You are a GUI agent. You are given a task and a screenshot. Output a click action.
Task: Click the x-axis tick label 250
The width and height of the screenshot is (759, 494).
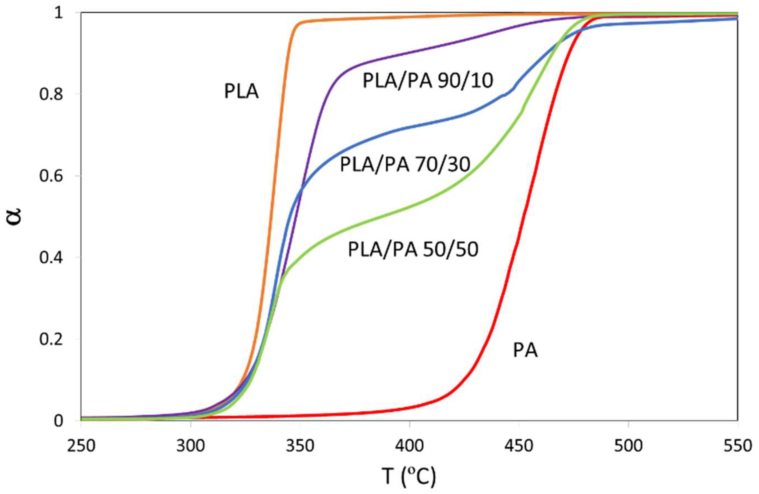coord(81,446)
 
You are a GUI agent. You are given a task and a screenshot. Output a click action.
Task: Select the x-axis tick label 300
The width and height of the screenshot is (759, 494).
coord(190,446)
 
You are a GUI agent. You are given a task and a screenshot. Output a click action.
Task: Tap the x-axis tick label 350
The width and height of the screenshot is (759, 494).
coord(300,446)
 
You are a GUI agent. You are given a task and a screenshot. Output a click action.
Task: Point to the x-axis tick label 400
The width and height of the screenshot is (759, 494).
coord(409,446)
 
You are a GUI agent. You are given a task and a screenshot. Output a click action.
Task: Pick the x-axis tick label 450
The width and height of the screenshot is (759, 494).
coord(519,446)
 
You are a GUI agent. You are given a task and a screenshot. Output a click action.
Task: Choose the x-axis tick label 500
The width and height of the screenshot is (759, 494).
coord(628,446)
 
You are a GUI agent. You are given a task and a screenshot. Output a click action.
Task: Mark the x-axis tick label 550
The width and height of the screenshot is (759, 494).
coord(738,446)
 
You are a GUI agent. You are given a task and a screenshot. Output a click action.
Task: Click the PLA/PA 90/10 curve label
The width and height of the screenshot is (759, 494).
coord(428,81)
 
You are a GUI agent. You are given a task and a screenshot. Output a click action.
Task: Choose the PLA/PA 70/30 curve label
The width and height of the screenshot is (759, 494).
coord(405,165)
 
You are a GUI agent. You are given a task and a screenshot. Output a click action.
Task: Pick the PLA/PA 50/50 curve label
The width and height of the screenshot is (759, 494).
coord(413,249)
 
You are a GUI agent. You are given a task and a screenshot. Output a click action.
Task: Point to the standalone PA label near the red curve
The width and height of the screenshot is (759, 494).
coord(525,350)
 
